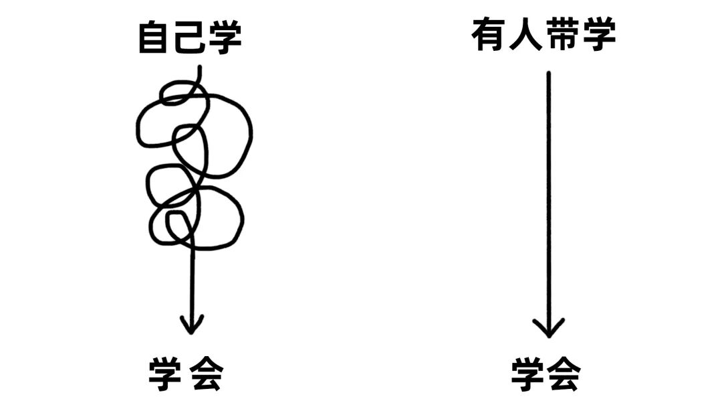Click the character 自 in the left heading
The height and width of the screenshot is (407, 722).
tap(153, 37)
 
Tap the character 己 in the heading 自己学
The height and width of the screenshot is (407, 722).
tap(189, 37)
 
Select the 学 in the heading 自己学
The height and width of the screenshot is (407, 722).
tap(224, 37)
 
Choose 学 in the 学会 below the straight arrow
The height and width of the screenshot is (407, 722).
tap(529, 374)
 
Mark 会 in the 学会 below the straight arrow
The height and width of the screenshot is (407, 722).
tap(564, 374)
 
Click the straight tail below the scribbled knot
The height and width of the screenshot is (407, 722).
tap(193, 281)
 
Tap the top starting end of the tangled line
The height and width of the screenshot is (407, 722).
tap(199, 69)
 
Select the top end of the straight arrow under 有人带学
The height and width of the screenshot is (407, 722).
tap(549, 74)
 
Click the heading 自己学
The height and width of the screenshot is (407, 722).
tap(189, 37)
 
